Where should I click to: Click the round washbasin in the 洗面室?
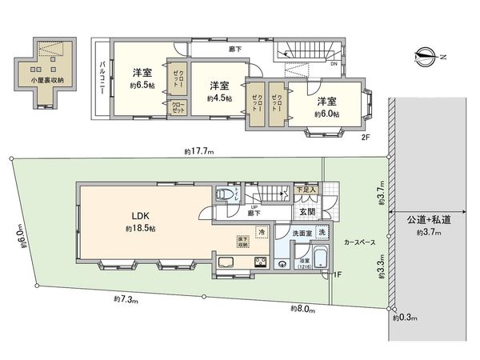(x=282, y=265)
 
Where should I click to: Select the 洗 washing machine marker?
(x=321, y=233)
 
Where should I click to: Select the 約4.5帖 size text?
(x=219, y=98)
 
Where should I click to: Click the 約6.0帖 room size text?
(x=326, y=114)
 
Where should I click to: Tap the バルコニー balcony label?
(x=102, y=80)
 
